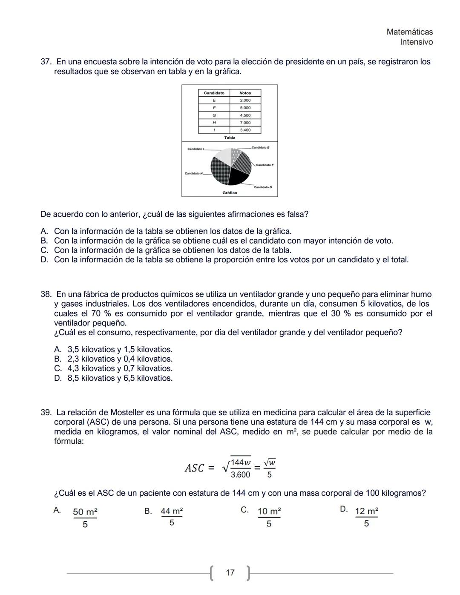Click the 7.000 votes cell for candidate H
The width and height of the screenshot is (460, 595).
pos(245,123)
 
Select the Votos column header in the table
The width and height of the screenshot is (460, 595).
pos(245,93)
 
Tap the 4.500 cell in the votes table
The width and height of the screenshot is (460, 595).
pos(245,115)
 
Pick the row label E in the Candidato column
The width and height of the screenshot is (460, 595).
pos(214,101)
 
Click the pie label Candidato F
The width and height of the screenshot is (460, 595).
pos(264,165)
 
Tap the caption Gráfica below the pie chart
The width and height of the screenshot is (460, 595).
pos(230,193)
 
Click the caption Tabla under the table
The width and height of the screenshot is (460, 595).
pos(230,138)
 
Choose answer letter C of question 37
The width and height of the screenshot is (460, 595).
pos(44,250)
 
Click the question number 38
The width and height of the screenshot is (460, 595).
pos(46,294)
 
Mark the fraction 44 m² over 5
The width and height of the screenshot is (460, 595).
pos(172,516)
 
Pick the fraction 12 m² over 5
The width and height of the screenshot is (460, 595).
pos(366,517)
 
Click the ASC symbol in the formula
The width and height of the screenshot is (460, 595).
pos(195,469)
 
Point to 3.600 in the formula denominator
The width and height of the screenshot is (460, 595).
pos(240,474)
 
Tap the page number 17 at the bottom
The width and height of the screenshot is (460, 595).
pos(230,573)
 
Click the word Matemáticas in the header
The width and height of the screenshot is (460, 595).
pos(409,32)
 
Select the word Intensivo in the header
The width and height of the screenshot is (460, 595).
pos(416,42)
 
